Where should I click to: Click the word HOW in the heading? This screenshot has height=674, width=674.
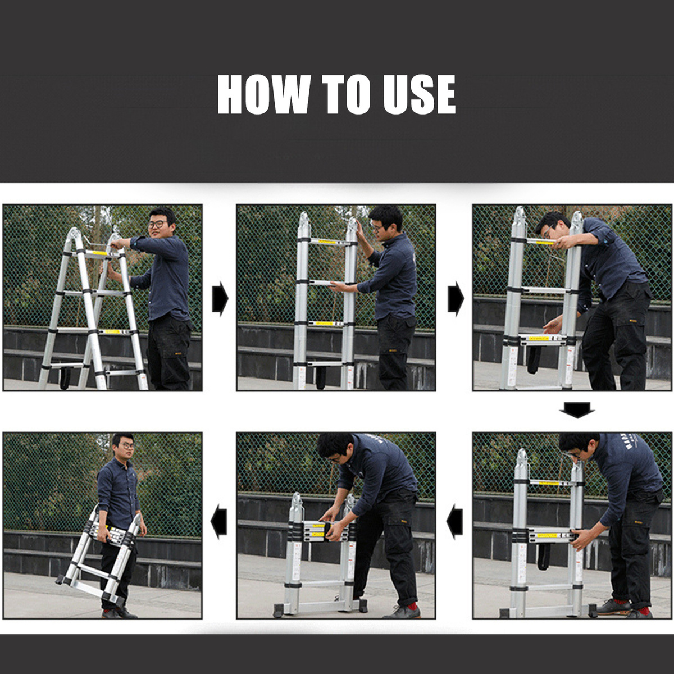[x=264, y=94]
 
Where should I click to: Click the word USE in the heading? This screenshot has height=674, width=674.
[x=420, y=94]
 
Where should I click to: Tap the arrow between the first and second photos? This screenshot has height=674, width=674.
[x=220, y=298]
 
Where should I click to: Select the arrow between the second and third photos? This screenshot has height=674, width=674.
[x=456, y=298]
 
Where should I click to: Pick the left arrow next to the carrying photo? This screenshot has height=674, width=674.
[x=219, y=521]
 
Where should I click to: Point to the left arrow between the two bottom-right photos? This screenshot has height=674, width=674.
[x=455, y=521]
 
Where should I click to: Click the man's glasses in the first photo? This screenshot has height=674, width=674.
[x=157, y=225]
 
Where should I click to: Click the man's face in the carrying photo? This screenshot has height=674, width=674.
[x=126, y=447]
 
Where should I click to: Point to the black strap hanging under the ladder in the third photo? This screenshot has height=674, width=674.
[x=534, y=359]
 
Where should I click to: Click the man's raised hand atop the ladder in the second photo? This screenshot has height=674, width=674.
[x=361, y=231]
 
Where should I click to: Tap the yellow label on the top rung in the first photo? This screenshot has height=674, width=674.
[x=98, y=253]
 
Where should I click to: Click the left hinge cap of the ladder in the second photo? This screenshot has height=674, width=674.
[x=304, y=221]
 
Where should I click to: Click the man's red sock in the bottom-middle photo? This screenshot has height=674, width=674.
[x=413, y=605]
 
